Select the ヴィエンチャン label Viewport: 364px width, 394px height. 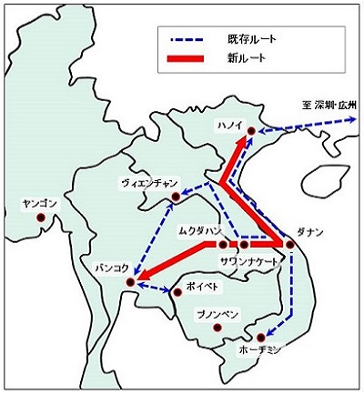(148, 183)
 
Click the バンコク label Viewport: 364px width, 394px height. (111, 268)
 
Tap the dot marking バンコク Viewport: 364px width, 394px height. (130, 282)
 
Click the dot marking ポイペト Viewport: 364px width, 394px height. (177, 291)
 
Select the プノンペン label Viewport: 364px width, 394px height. (216, 314)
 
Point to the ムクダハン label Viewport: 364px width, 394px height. (198, 230)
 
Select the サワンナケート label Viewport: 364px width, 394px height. (250, 260)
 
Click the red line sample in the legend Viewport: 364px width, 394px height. (188, 59)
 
